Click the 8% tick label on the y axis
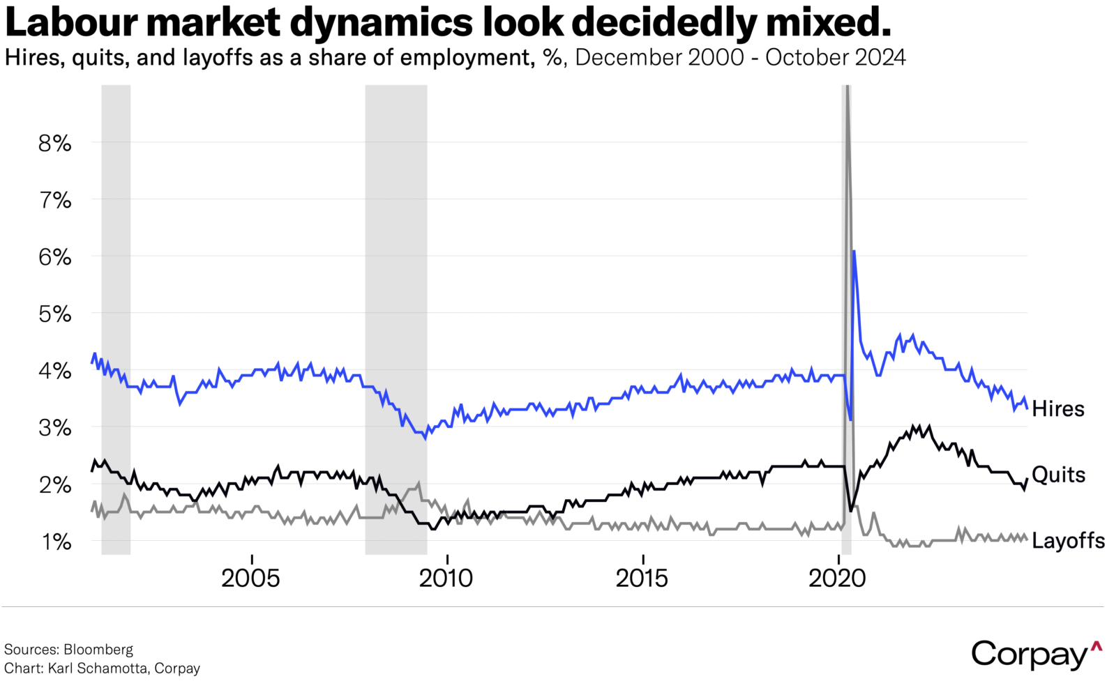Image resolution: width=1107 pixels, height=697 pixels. [x=54, y=144]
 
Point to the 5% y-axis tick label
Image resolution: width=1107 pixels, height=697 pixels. [x=54, y=314]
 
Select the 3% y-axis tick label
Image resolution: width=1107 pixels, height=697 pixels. [x=54, y=428]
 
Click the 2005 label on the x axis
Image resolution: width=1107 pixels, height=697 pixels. [x=250, y=578]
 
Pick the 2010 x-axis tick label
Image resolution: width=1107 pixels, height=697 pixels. [x=446, y=578]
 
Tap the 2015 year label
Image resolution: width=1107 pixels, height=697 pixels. [x=642, y=578]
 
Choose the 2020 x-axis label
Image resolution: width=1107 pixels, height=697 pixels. [x=837, y=578]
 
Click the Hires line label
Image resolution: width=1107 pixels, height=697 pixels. [x=1057, y=408]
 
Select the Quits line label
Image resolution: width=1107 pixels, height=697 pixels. [x=1058, y=475]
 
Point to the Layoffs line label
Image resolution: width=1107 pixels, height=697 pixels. [x=1068, y=540]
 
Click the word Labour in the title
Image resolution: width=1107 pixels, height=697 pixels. [x=72, y=22]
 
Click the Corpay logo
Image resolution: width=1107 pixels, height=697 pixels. [x=1036, y=654]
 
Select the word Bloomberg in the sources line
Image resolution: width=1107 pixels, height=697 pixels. [x=98, y=650]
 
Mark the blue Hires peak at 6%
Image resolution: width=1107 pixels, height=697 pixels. [x=854, y=252]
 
